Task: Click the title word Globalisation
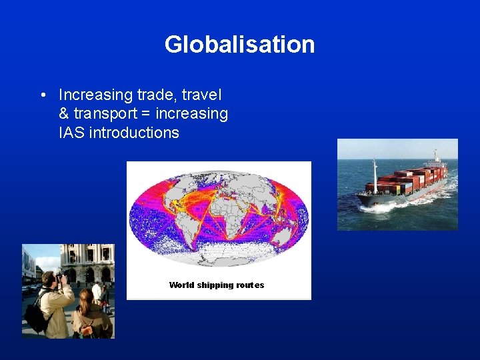239,45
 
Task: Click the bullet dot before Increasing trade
43,95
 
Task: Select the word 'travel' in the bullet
201,95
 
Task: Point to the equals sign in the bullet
147,114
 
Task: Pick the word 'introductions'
134,133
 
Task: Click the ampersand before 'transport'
64,113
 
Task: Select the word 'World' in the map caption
182,285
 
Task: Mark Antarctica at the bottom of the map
220,257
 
